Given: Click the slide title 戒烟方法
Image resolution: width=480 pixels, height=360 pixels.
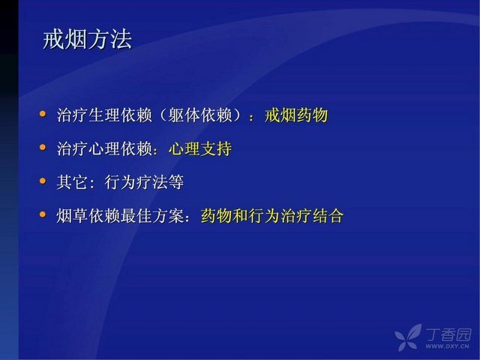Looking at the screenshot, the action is coord(88,40).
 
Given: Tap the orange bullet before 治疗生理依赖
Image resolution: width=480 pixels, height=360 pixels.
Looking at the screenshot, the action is coord(43,114).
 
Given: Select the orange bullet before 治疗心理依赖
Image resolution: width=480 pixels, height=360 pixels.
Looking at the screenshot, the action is coord(43,148).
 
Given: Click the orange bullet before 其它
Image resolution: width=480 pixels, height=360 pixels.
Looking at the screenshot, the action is coord(43,181).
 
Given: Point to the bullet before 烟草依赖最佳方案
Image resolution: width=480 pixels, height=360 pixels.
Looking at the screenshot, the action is coord(43,214).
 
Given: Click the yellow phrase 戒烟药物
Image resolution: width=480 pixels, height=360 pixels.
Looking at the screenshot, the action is coord(296,115).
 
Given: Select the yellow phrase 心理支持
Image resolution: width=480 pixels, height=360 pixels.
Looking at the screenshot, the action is coord(200,149).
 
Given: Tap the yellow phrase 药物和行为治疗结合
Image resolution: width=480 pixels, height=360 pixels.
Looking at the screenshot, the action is coord(272,216).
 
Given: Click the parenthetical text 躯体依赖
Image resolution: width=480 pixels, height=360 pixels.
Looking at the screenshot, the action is coord(200,115).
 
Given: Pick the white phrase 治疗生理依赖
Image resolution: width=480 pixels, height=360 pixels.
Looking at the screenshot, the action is coord(104,115).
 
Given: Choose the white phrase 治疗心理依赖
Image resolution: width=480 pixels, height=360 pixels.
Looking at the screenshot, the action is coord(104,149).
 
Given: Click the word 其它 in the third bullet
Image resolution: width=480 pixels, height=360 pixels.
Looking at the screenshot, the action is coord(72,182).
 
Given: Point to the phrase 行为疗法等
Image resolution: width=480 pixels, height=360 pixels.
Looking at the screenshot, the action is coord(144,182).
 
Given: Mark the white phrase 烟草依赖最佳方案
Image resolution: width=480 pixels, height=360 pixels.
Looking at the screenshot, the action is coord(120,216).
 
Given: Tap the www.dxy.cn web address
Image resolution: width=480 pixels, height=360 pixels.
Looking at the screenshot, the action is coord(447,346).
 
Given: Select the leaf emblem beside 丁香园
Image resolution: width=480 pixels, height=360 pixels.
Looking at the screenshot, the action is coord(408,337).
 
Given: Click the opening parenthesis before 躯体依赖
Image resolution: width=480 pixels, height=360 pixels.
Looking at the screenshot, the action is coord(163,115).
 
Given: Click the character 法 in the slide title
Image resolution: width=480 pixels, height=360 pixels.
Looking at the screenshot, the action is coord(121,40).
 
